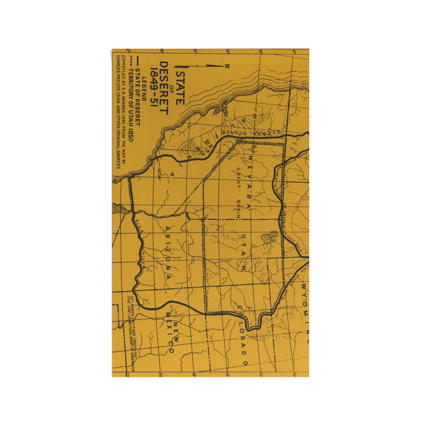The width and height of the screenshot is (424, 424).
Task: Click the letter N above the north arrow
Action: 227,67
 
